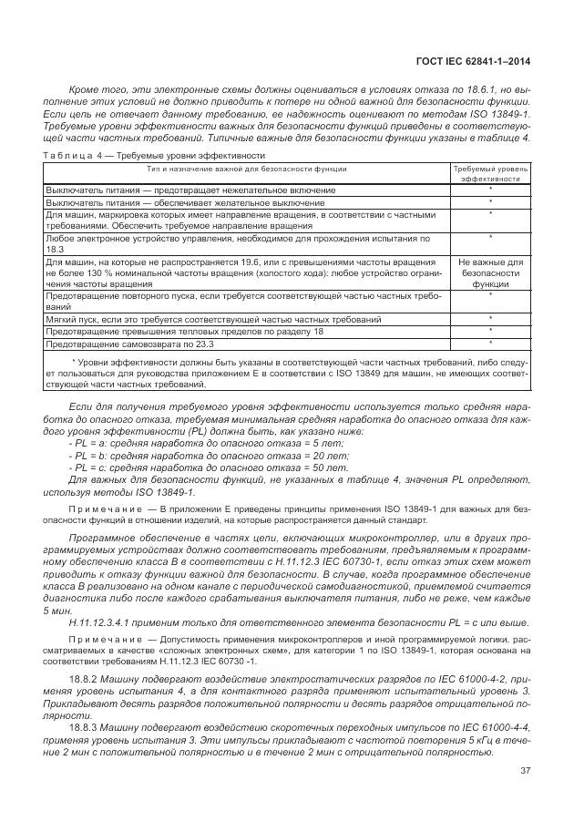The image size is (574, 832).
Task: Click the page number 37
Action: coord(525,773)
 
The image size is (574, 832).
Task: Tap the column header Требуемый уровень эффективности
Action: coord(490,173)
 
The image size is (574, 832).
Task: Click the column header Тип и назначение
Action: coord(246,169)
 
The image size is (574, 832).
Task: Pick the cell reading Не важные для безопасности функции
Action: coord(490,272)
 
